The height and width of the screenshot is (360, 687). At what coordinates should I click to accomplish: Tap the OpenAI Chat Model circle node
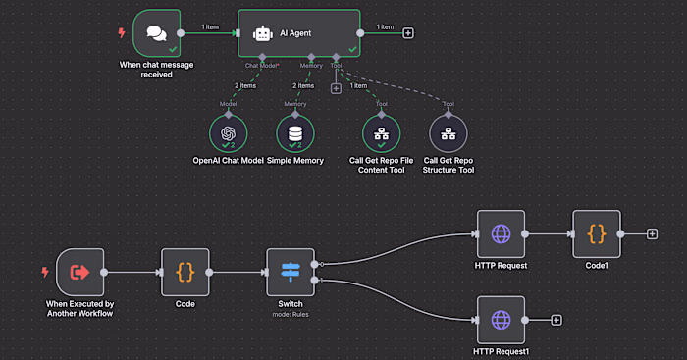(x=228, y=132)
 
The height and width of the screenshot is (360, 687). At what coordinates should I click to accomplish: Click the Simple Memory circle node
(x=295, y=132)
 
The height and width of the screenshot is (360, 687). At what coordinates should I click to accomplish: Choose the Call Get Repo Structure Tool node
(x=449, y=132)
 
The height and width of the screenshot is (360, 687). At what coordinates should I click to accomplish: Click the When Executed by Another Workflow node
(x=79, y=272)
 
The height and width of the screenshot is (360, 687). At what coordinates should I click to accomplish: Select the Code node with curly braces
(x=185, y=272)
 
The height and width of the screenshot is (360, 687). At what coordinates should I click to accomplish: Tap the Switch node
(x=290, y=272)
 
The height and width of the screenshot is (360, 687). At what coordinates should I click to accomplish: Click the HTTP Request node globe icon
(x=501, y=234)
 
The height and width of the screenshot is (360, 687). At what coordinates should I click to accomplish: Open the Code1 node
(x=597, y=234)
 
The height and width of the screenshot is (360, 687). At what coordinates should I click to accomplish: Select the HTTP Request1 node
(x=501, y=320)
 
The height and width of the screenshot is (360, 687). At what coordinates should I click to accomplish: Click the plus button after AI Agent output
(x=408, y=32)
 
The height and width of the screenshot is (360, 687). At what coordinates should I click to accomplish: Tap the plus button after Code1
(x=652, y=234)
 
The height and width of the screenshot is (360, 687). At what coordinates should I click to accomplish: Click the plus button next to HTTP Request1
(x=556, y=320)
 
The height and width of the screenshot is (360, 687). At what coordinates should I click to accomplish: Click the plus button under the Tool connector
(x=336, y=88)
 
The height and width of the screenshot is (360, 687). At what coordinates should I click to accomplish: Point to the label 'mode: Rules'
(x=290, y=315)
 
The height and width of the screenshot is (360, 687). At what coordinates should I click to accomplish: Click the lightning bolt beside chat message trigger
(x=122, y=32)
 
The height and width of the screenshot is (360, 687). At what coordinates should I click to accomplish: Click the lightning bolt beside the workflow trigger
(x=45, y=272)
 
